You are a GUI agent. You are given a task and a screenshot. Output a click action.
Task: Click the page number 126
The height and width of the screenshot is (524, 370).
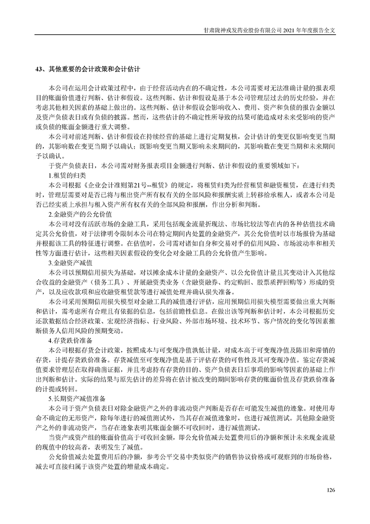[x=331, y=489]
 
